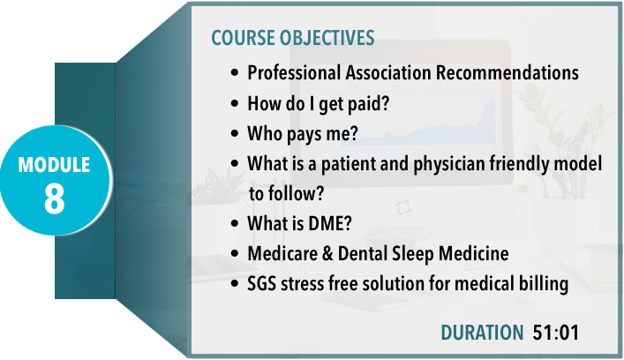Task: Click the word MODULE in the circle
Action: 54,165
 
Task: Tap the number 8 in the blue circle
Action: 54,199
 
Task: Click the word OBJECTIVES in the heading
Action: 327,38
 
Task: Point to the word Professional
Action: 294,73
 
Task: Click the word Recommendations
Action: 507,73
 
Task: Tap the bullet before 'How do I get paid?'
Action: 235,103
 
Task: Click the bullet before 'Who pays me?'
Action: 235,133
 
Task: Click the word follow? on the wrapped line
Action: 296,194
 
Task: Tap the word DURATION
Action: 482,333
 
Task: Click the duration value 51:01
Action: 555,333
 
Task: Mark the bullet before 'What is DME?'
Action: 235,223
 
